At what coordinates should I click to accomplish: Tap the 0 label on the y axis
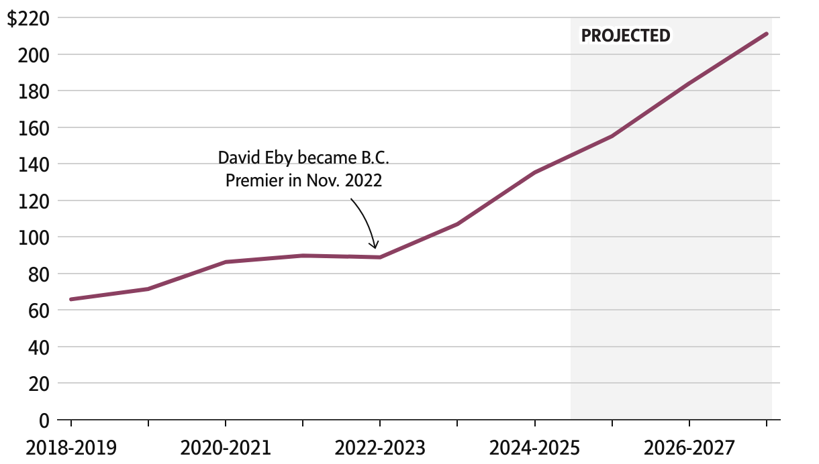44,420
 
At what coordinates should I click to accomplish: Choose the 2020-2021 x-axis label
226,447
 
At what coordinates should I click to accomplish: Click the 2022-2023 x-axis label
380,447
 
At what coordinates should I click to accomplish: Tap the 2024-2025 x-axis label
534,447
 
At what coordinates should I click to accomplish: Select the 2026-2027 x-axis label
689,447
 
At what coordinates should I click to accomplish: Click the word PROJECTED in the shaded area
626,36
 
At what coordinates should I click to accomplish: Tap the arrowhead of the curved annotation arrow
375,246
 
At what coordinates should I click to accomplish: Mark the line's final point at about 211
766,34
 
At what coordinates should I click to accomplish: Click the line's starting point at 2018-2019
71,299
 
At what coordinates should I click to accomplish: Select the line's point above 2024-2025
534,172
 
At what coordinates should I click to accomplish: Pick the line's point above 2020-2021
226,262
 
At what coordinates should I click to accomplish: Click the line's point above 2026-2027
689,84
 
